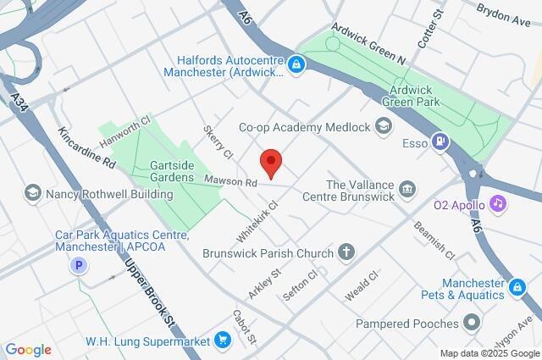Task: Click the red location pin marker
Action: tap(270, 162)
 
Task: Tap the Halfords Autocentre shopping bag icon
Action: tap(296, 63)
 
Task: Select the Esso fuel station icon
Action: tap(440, 141)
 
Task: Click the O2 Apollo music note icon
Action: tap(498, 203)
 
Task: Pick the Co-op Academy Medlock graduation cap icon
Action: tap(384, 126)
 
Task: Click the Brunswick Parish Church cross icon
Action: tap(346, 252)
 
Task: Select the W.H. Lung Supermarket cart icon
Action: tap(223, 341)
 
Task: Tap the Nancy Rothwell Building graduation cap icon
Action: tap(34, 194)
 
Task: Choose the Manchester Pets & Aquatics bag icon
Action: tap(516, 289)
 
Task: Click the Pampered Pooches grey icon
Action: tap(472, 323)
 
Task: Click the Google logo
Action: tap(28, 349)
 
